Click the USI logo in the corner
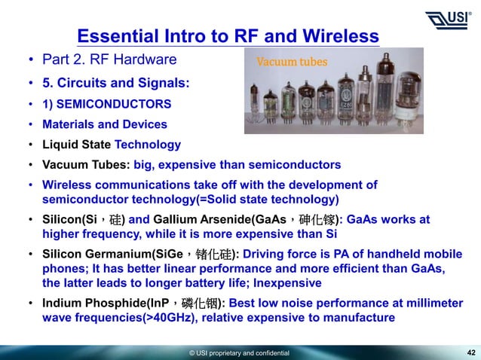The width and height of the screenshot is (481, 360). click(449, 19)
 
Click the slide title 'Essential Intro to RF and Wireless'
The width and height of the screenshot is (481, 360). click(228, 36)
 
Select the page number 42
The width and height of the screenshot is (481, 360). click(471, 352)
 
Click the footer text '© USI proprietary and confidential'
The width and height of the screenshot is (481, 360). click(239, 352)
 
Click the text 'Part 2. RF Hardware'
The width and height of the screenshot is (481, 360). click(109, 59)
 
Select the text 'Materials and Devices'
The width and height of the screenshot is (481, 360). click(105, 124)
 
